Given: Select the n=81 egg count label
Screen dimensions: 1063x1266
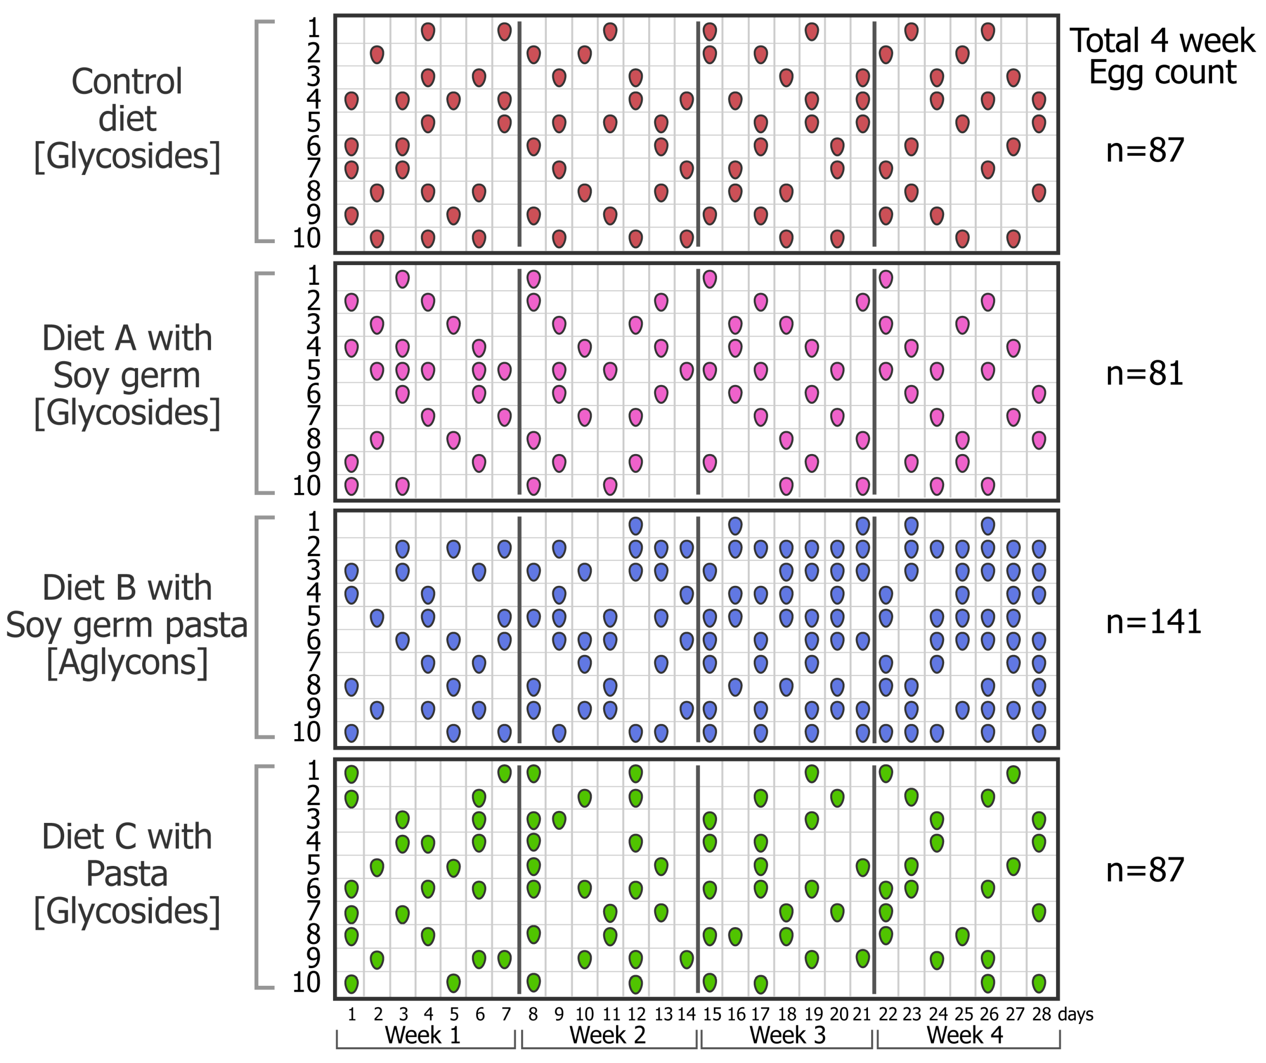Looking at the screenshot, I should [x=1144, y=373].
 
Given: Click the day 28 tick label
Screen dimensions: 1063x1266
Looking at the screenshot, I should [x=1041, y=1014].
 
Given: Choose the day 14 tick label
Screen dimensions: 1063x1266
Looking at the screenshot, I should [x=686, y=1014].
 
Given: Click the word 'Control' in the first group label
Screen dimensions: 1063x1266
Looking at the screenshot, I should [x=127, y=81].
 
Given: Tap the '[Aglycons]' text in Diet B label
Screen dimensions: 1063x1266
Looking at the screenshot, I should [x=127, y=662].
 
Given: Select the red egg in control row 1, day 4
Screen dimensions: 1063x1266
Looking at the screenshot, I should [x=428, y=32].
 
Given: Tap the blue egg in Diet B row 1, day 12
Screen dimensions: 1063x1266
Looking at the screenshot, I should [x=635, y=526].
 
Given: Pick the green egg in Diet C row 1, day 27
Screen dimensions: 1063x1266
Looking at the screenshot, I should [x=1014, y=774].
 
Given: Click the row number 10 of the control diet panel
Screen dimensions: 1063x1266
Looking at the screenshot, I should [x=306, y=238].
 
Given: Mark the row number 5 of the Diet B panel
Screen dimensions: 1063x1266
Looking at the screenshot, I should [x=314, y=617].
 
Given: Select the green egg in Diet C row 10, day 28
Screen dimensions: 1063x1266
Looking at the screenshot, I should [x=1039, y=983].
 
